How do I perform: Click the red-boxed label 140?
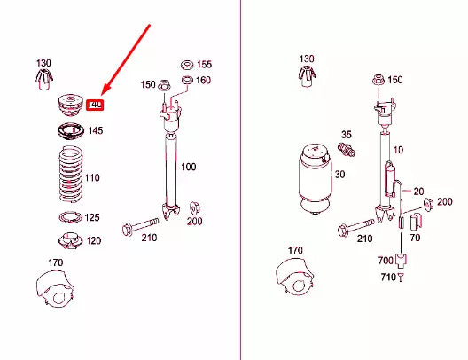click(96, 105)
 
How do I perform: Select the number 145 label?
click(96, 131)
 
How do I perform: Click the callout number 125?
click(92, 217)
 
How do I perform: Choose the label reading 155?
click(204, 65)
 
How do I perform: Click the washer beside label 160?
click(186, 81)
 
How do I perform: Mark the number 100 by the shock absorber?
click(188, 167)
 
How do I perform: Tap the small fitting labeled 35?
click(348, 149)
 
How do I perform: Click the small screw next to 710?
click(401, 278)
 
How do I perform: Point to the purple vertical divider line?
click(240, 177)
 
